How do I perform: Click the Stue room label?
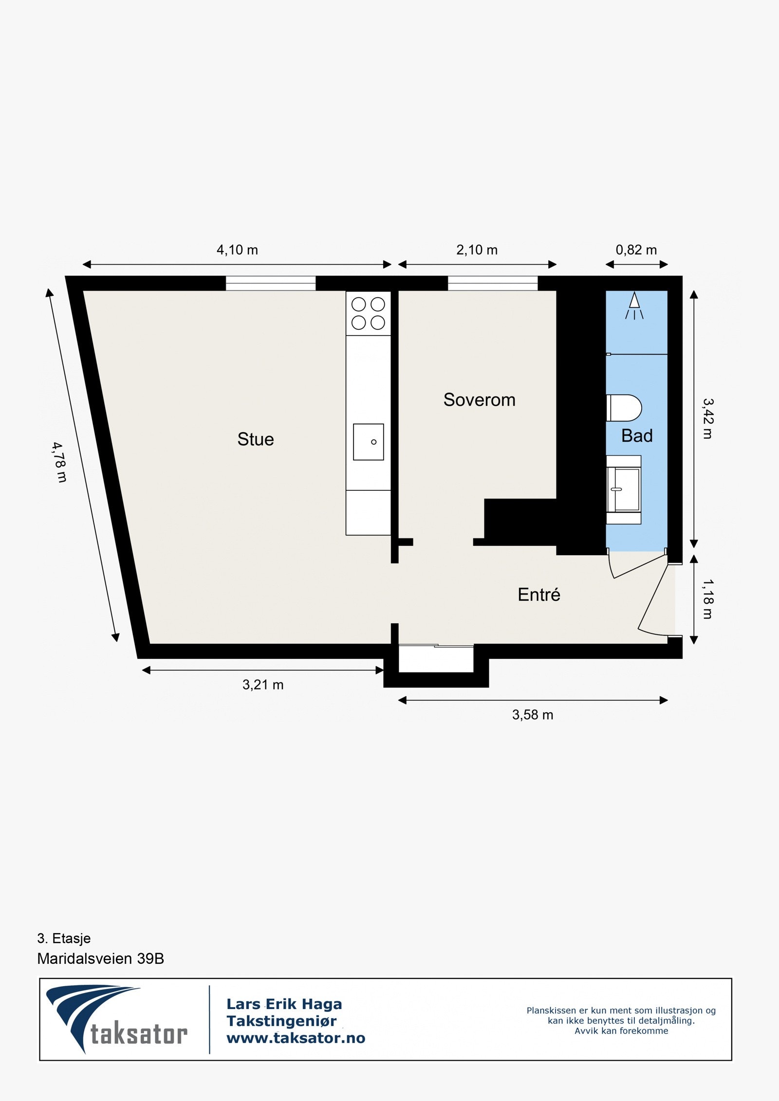(256, 439)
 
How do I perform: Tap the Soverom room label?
(479, 400)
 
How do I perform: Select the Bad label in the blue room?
(637, 436)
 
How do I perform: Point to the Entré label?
(538, 595)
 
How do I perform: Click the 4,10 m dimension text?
(237, 250)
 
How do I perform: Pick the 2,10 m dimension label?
(477, 250)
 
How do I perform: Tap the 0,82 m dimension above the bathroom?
(636, 250)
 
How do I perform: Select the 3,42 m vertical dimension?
(707, 418)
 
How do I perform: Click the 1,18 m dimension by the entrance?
(707, 599)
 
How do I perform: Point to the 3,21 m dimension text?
(263, 685)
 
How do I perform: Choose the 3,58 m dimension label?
(533, 715)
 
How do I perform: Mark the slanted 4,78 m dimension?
(59, 462)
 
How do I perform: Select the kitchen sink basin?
(368, 442)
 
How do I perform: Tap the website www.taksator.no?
(296, 1038)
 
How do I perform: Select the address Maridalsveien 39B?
(100, 958)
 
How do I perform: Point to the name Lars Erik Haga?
(284, 1004)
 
